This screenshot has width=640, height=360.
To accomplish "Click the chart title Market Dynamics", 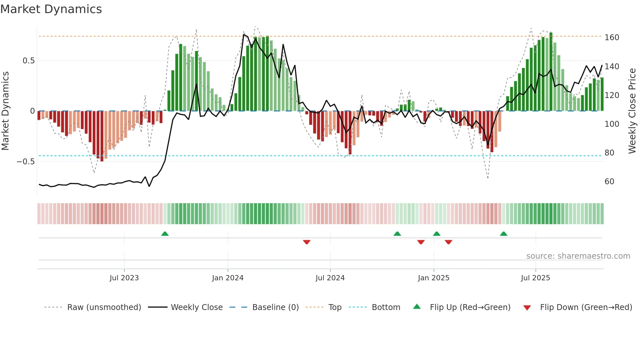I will click(x=51, y=9).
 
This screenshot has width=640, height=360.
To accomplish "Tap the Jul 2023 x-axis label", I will click(x=124, y=278).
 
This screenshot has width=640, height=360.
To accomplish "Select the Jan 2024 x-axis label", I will click(x=228, y=278).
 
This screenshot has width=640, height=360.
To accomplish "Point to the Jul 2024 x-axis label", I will click(x=330, y=278).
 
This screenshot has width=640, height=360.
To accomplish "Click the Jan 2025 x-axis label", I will click(x=434, y=278).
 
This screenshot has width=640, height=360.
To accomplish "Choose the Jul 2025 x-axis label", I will click(x=536, y=278).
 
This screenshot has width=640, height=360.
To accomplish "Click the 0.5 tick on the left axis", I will click(x=29, y=61).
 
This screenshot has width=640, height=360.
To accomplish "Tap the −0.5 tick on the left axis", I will click(x=25, y=162).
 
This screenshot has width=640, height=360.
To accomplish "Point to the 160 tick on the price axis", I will click(x=612, y=38).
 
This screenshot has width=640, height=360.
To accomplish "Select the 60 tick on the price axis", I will click(x=609, y=182).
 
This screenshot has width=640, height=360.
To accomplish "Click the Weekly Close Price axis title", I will click(x=632, y=111).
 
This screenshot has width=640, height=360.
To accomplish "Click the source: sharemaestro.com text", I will click(x=578, y=256).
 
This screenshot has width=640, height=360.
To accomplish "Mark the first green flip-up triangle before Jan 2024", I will click(x=165, y=234).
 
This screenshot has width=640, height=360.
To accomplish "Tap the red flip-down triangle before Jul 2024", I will click(x=307, y=242).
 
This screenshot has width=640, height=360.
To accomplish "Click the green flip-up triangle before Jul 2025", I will click(x=504, y=234).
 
